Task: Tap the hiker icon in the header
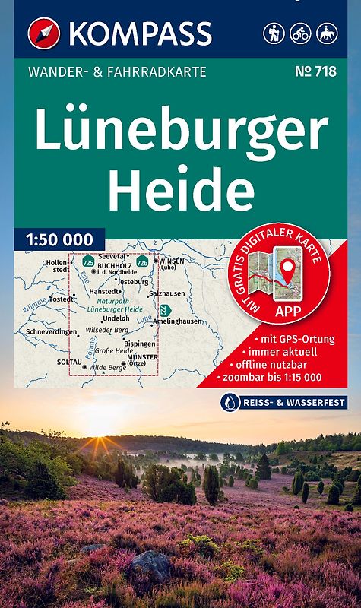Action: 274,33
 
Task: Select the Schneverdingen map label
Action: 51,332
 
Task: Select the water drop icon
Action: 229,402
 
